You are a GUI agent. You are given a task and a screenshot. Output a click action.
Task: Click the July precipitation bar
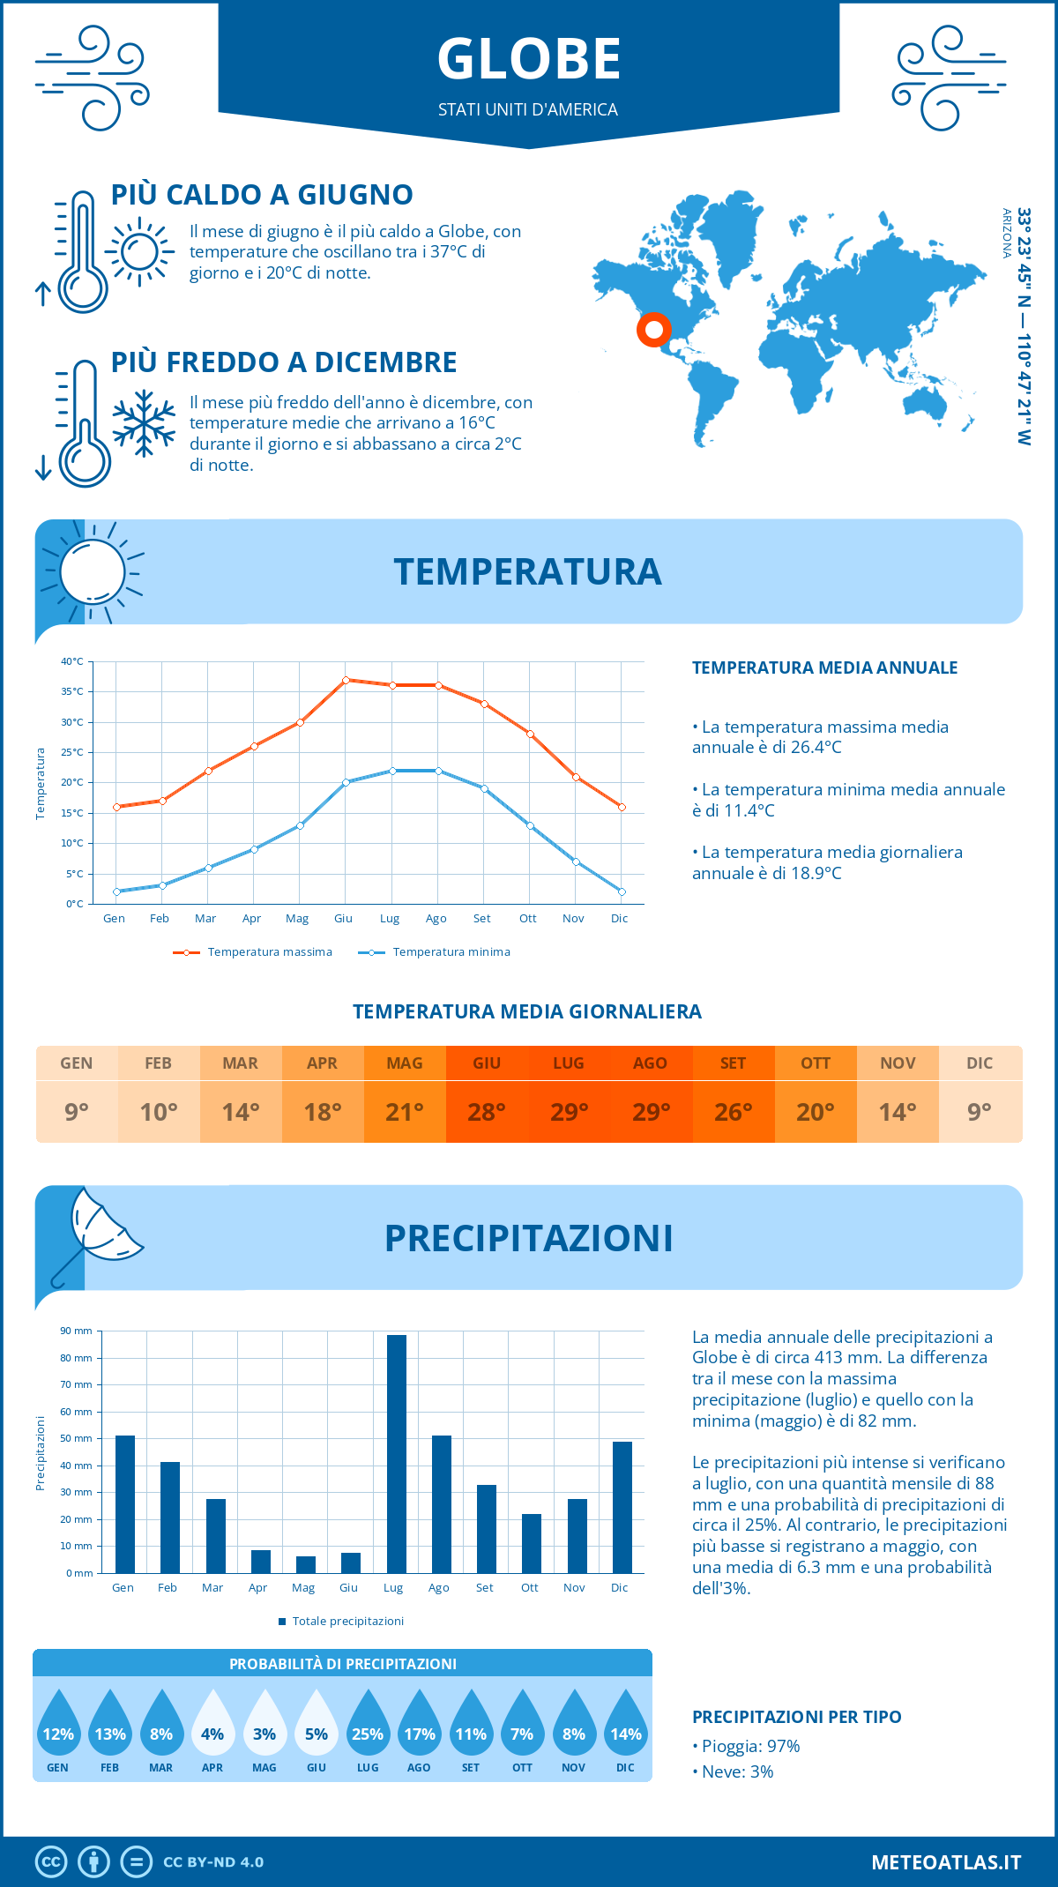pos(397,1455)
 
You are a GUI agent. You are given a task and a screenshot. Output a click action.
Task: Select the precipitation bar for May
pos(306,1565)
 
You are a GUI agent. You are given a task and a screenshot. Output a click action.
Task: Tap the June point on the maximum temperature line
pos(346,680)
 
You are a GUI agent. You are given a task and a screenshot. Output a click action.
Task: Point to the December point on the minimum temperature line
pos(622,891)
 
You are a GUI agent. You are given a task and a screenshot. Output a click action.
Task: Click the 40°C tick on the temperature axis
pos(72,661)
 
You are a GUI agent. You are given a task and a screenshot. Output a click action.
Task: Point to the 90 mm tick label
pos(76,1331)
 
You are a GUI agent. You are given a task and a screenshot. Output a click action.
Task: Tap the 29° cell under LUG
pos(569,1112)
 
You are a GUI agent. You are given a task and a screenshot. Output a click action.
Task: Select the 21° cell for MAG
pos(405,1112)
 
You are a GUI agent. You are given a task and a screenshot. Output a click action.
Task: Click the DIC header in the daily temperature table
pos(980,1063)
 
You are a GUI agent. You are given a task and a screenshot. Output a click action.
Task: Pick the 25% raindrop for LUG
pos(368,1724)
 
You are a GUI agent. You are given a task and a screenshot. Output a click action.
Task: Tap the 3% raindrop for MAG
pos(264,1724)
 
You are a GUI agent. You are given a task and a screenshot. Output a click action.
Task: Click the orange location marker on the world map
pos(653,330)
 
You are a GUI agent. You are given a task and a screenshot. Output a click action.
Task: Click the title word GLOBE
pos(529,60)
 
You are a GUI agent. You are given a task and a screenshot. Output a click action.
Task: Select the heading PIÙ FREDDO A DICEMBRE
pos(284,362)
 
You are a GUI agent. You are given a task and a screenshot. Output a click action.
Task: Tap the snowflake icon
pos(144,423)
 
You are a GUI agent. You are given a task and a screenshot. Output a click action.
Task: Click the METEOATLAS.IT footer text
pos(946,1862)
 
